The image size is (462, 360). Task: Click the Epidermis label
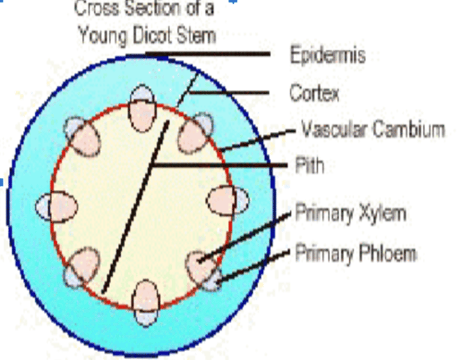tap(328, 55)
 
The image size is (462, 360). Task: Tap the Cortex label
tap(314, 93)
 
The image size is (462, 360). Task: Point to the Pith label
tap(309, 166)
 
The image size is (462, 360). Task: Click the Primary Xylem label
tap(350, 213)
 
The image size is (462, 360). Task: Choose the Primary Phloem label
tap(355, 253)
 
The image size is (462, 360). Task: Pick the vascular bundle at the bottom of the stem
tap(146, 303)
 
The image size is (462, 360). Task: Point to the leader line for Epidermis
tap(209, 54)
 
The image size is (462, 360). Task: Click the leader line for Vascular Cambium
tap(257, 140)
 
